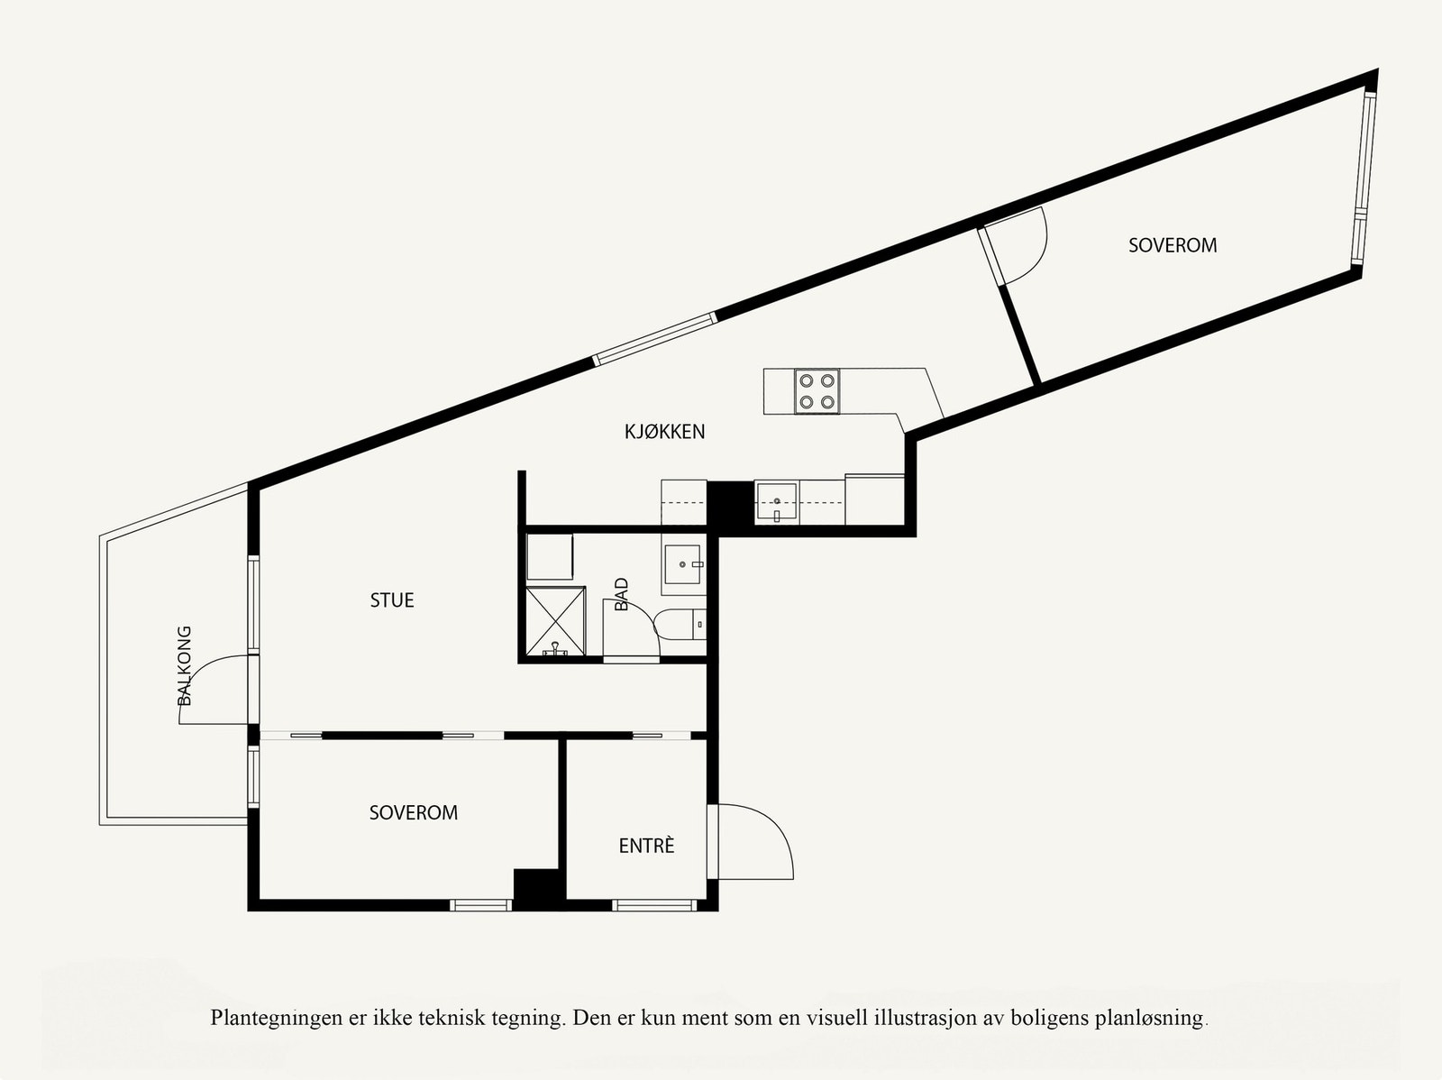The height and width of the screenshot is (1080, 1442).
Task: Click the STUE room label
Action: point(392,600)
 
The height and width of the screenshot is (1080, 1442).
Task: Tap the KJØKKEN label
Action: point(664,432)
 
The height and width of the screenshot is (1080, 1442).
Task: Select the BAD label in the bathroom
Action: point(621,595)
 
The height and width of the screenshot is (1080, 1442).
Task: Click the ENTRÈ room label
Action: point(646,846)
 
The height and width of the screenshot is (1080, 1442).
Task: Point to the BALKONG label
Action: point(185,665)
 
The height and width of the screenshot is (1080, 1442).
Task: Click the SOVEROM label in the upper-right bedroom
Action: point(1173,245)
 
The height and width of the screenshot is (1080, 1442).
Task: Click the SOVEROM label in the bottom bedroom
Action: point(414,813)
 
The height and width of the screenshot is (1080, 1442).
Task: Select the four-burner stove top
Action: point(817,391)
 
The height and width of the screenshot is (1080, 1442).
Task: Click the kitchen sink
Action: point(776,503)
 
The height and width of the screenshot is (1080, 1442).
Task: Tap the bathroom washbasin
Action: point(683,565)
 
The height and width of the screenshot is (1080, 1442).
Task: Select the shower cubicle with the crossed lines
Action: point(555,620)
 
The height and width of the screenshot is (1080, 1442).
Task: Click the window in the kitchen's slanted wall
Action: point(655,338)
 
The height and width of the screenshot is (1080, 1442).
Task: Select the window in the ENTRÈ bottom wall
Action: point(654,905)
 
